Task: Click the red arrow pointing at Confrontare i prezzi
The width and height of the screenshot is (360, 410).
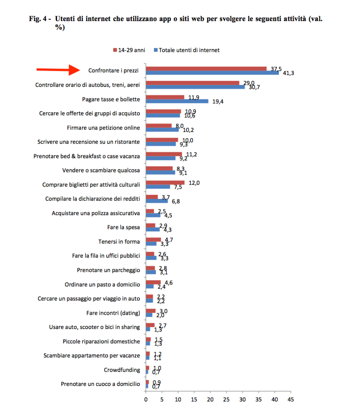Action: (58, 69)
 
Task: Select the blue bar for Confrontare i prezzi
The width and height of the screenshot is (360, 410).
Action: (212, 73)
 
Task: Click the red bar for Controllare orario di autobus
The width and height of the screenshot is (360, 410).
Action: (192, 83)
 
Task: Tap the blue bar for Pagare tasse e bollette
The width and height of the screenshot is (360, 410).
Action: (177, 101)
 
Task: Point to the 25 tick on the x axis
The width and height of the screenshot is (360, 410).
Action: (226, 400)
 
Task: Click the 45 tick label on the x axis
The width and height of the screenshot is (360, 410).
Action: (290, 400)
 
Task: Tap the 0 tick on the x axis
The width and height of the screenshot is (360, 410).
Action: (146, 400)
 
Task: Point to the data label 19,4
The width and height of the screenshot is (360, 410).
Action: (218, 102)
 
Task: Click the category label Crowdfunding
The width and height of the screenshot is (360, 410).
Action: (122, 370)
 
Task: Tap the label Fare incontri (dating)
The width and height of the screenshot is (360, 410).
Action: (113, 313)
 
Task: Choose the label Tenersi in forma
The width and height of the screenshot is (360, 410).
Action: (119, 242)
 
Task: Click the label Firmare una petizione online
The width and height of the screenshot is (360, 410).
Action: (103, 128)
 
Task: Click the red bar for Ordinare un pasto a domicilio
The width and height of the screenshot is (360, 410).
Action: (153, 282)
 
